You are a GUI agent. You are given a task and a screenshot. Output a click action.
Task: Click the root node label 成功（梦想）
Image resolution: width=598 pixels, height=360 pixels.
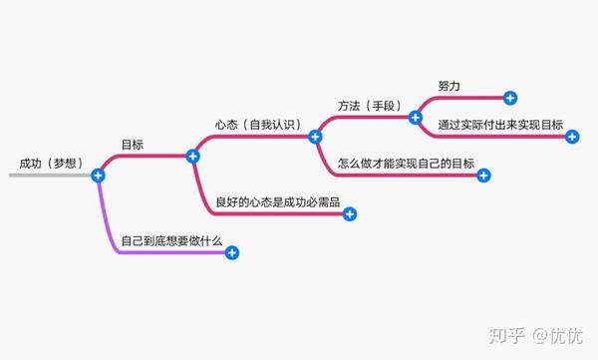51,163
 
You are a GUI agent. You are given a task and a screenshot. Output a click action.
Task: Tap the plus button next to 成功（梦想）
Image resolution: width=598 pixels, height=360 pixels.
98,176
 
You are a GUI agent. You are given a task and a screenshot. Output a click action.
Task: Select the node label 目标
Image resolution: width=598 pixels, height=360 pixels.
133,144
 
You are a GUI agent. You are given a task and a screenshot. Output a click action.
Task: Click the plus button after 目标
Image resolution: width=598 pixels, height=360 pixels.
193,156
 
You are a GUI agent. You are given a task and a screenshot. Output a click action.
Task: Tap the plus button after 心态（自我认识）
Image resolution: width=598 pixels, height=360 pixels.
315,137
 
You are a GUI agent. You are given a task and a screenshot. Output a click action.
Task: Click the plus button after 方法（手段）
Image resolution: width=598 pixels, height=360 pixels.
416,117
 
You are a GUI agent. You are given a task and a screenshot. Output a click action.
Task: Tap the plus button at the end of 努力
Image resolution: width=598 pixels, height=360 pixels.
510,98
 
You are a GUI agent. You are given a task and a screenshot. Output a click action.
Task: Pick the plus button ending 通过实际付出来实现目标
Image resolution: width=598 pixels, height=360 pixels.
572,137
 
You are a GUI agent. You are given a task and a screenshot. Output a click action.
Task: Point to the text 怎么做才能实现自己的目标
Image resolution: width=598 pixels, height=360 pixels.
406,163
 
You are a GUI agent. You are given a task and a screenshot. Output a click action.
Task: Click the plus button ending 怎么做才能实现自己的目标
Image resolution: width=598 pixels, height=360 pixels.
484,176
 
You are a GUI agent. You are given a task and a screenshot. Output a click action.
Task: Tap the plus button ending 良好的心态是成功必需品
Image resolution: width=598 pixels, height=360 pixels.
350,213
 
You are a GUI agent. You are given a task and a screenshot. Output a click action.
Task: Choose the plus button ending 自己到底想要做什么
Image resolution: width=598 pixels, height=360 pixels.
232,253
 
